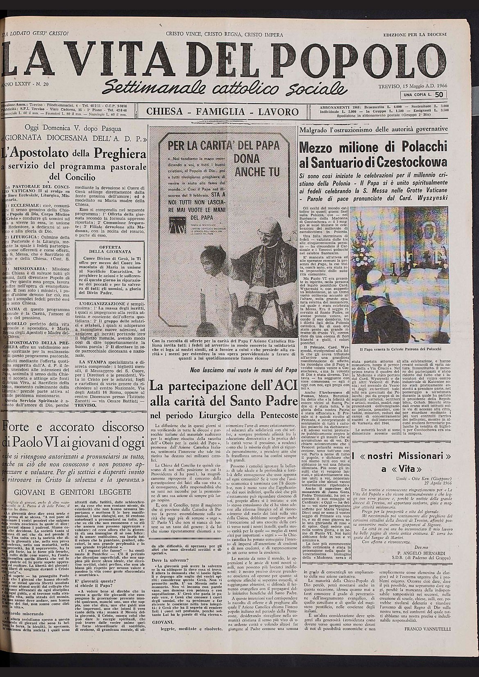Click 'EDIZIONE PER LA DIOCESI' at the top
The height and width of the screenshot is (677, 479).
point(415,35)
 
